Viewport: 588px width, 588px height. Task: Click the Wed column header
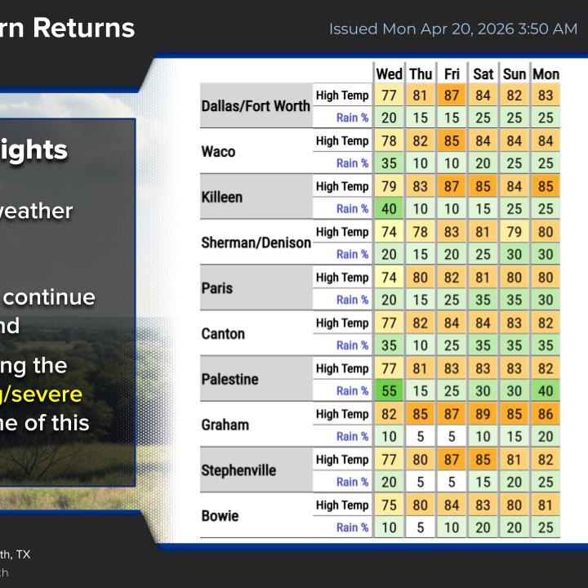[x=389, y=74]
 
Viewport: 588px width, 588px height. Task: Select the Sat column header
[x=483, y=74]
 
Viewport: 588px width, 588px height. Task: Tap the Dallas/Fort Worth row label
[x=256, y=106]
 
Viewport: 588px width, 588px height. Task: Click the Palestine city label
[x=229, y=380]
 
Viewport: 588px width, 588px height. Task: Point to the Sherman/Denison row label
[x=256, y=243]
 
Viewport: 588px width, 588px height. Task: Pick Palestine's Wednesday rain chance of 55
[x=389, y=391]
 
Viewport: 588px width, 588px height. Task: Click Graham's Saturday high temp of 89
[x=483, y=414]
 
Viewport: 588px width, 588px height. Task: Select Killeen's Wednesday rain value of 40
[x=389, y=209]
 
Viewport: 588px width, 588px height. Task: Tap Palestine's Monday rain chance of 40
[x=546, y=391]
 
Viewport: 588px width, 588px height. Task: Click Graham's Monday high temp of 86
[x=546, y=414]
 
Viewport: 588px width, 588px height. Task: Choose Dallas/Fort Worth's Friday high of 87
[x=452, y=96]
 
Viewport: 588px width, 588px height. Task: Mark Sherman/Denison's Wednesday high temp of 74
[x=389, y=232]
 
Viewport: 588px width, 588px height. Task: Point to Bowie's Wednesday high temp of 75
[x=389, y=506]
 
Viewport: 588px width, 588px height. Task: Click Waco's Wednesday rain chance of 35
[x=389, y=163]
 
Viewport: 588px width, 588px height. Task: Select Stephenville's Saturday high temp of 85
[x=483, y=460]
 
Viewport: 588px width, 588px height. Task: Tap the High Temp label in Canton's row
[x=342, y=323]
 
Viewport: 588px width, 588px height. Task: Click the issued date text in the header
[x=453, y=29]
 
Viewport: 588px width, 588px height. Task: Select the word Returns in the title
[x=91, y=28]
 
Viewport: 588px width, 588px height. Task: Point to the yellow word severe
[x=48, y=394]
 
